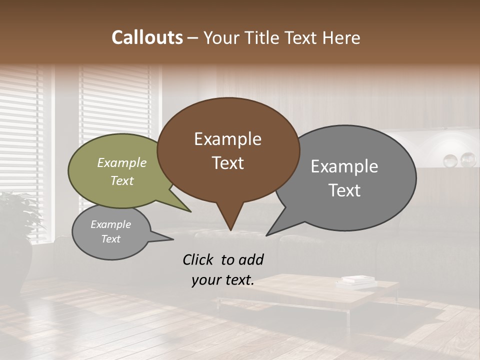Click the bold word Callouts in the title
(147, 37)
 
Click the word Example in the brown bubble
(227, 139)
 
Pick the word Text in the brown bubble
(227, 163)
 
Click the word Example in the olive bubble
(122, 163)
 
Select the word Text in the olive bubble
(122, 180)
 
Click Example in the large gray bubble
(344, 166)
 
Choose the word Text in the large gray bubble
(344, 190)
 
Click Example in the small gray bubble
(110, 224)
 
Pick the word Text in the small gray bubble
(110, 239)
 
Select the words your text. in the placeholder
(223, 280)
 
